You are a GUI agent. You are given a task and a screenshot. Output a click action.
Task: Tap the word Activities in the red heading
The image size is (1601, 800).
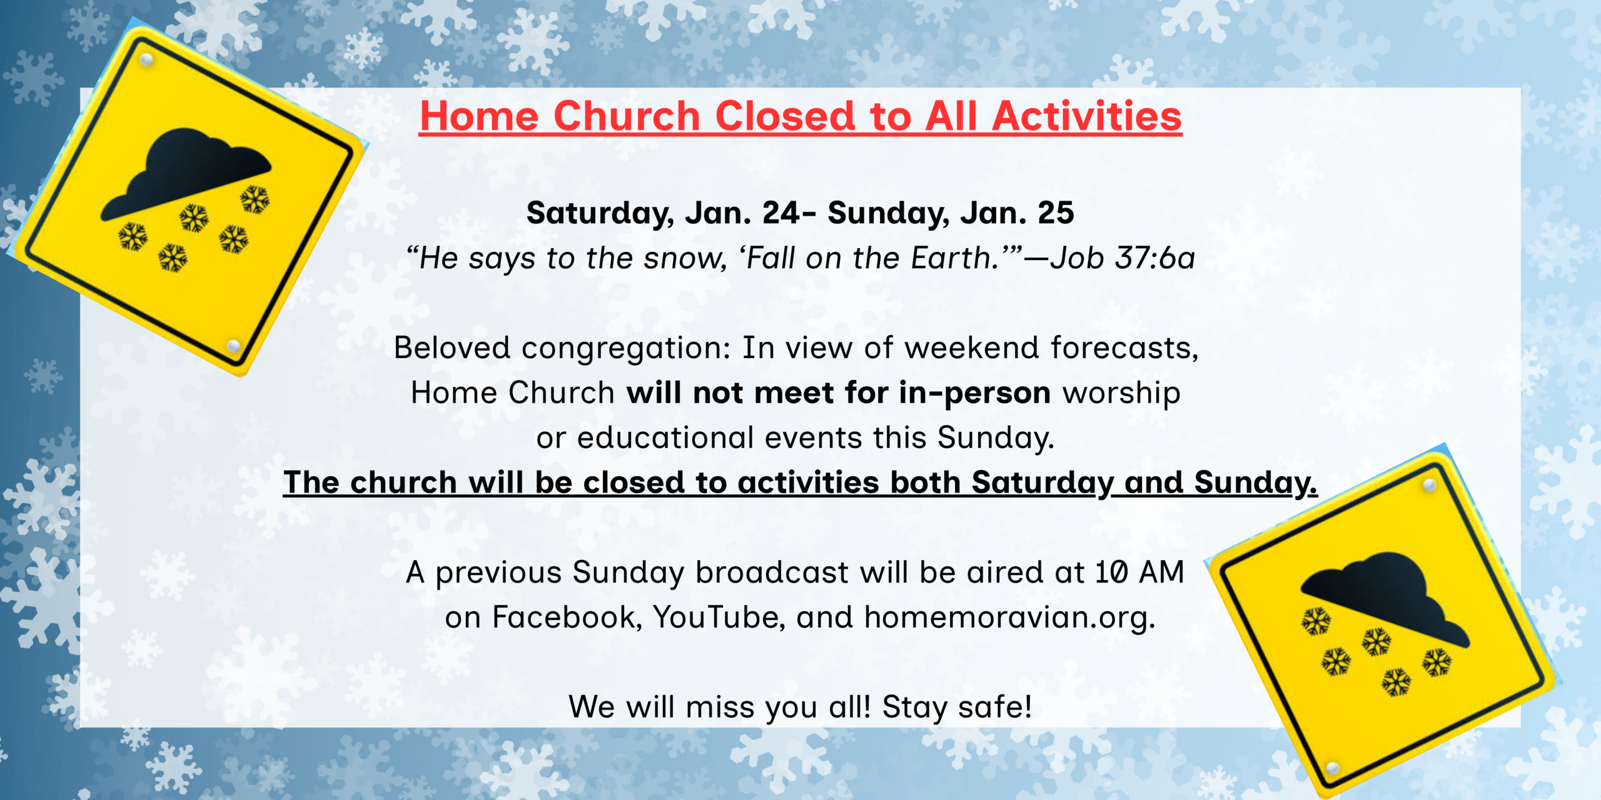[1087, 116]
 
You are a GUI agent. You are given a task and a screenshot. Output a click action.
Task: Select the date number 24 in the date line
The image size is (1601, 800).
[780, 213]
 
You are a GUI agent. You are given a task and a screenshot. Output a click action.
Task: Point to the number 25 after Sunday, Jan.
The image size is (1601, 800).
[1056, 213]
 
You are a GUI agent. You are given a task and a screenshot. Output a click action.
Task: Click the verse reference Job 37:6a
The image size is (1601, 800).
[1123, 258]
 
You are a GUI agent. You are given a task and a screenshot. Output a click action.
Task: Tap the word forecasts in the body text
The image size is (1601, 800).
[1124, 347]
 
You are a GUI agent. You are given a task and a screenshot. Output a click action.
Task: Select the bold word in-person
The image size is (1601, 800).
[974, 394]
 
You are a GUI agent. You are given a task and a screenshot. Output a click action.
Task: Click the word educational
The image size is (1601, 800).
[665, 437]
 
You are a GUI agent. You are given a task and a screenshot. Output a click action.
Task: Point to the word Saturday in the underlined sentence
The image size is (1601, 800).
[1043, 483]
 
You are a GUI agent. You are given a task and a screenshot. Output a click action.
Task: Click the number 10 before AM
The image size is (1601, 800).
[1111, 572]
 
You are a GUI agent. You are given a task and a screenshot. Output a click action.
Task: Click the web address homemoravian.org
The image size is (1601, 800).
[1009, 617]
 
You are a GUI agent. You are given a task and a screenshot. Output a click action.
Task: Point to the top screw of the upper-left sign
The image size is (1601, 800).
[146, 60]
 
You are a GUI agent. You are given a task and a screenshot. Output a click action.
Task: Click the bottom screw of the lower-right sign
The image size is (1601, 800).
[1333, 767]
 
